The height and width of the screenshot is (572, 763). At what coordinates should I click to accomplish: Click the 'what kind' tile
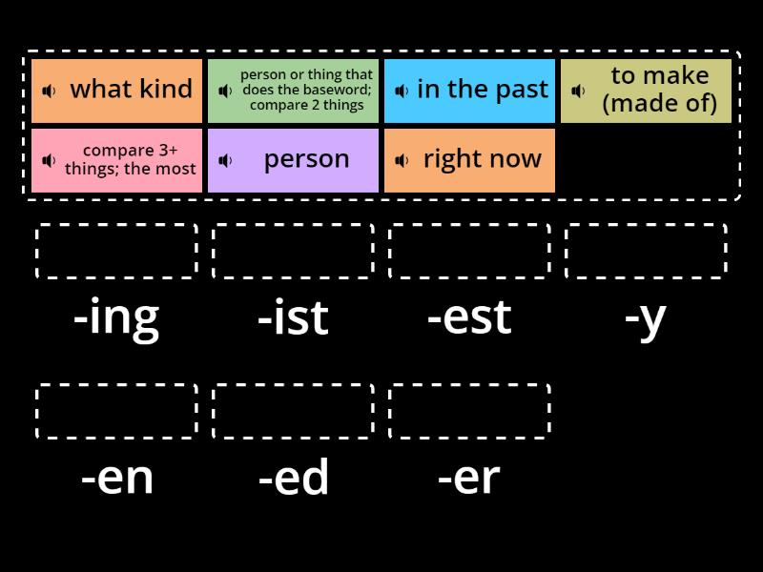116,91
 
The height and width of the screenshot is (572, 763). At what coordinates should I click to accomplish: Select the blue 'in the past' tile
469,91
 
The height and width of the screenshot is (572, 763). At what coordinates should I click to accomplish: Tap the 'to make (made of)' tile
647,91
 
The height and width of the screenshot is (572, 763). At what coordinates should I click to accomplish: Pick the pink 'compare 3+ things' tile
116,160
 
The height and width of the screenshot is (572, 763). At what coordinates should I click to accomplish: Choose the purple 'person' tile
293,160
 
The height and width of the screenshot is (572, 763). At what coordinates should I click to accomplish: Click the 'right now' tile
469,160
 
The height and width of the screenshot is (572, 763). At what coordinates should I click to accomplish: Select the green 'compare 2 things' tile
293,91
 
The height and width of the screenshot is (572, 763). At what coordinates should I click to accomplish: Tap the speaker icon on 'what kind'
49,91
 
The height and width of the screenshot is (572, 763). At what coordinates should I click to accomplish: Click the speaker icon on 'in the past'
402,91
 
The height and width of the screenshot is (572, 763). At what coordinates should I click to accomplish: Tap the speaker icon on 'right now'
402,160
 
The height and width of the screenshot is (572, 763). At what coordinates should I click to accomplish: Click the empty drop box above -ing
116,251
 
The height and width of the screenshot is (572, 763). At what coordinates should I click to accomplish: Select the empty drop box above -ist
293,251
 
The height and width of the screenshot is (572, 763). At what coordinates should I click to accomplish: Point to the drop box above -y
647,251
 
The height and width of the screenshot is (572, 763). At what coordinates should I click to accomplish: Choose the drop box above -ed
293,411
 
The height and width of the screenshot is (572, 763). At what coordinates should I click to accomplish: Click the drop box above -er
469,411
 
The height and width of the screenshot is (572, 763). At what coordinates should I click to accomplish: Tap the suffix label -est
469,317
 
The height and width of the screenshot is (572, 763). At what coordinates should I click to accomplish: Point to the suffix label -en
116,479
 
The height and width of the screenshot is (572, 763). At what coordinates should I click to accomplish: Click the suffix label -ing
116,319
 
